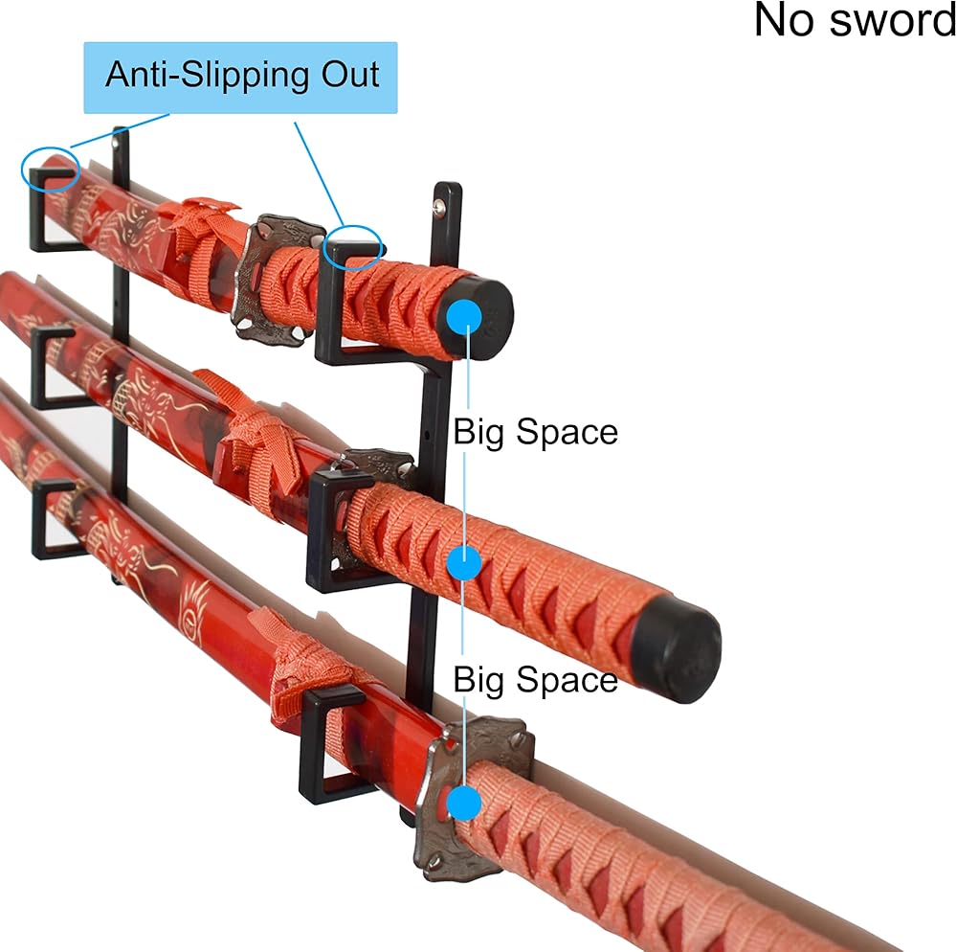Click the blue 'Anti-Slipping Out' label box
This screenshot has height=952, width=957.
pyautogui.click(x=240, y=78)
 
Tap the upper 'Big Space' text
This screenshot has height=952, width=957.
pyautogui.click(x=535, y=432)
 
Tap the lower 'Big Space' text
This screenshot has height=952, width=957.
pyautogui.click(x=535, y=679)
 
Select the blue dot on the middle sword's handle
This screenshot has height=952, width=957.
pyautogui.click(x=464, y=563)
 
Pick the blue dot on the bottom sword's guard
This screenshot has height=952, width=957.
pyautogui.click(x=464, y=803)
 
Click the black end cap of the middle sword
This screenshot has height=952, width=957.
pyautogui.click(x=676, y=649)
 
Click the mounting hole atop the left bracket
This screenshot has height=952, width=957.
pyautogui.click(x=116, y=144)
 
